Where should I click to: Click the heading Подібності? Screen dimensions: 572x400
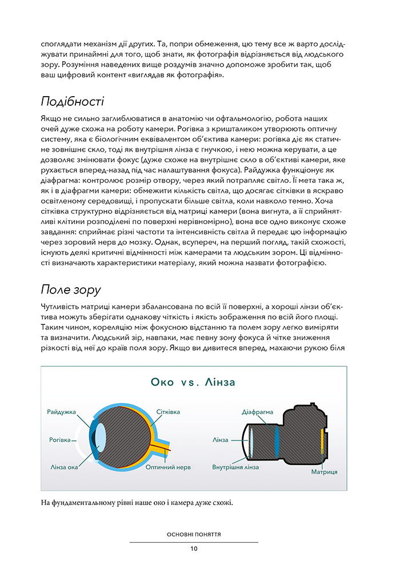(72, 102)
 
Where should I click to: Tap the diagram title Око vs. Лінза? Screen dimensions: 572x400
(194, 382)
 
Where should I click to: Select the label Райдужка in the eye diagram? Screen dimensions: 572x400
(62, 412)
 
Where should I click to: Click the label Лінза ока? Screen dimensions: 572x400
(64, 467)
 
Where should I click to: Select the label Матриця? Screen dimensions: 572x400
(324, 472)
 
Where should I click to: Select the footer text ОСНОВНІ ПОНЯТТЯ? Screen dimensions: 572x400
(194, 534)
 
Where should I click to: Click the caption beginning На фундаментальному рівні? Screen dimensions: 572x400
(137, 503)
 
